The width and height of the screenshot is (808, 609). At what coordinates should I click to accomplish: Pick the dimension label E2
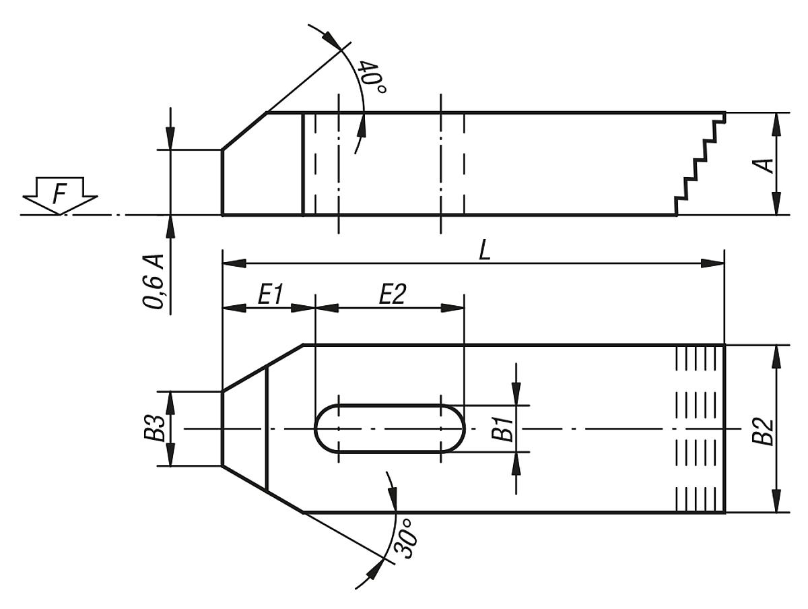coord(392,295)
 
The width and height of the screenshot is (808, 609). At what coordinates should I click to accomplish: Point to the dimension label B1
coord(502,428)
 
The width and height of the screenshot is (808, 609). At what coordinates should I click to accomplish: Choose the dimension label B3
coord(154,428)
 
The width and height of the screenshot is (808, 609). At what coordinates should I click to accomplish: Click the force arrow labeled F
coord(60,196)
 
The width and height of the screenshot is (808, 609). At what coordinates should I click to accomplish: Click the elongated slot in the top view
coord(389,428)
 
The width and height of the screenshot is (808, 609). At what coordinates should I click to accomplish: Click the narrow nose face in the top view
coord(223,428)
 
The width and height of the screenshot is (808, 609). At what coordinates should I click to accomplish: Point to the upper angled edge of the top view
coord(263,368)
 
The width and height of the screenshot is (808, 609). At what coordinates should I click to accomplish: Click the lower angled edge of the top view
coord(263,488)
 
